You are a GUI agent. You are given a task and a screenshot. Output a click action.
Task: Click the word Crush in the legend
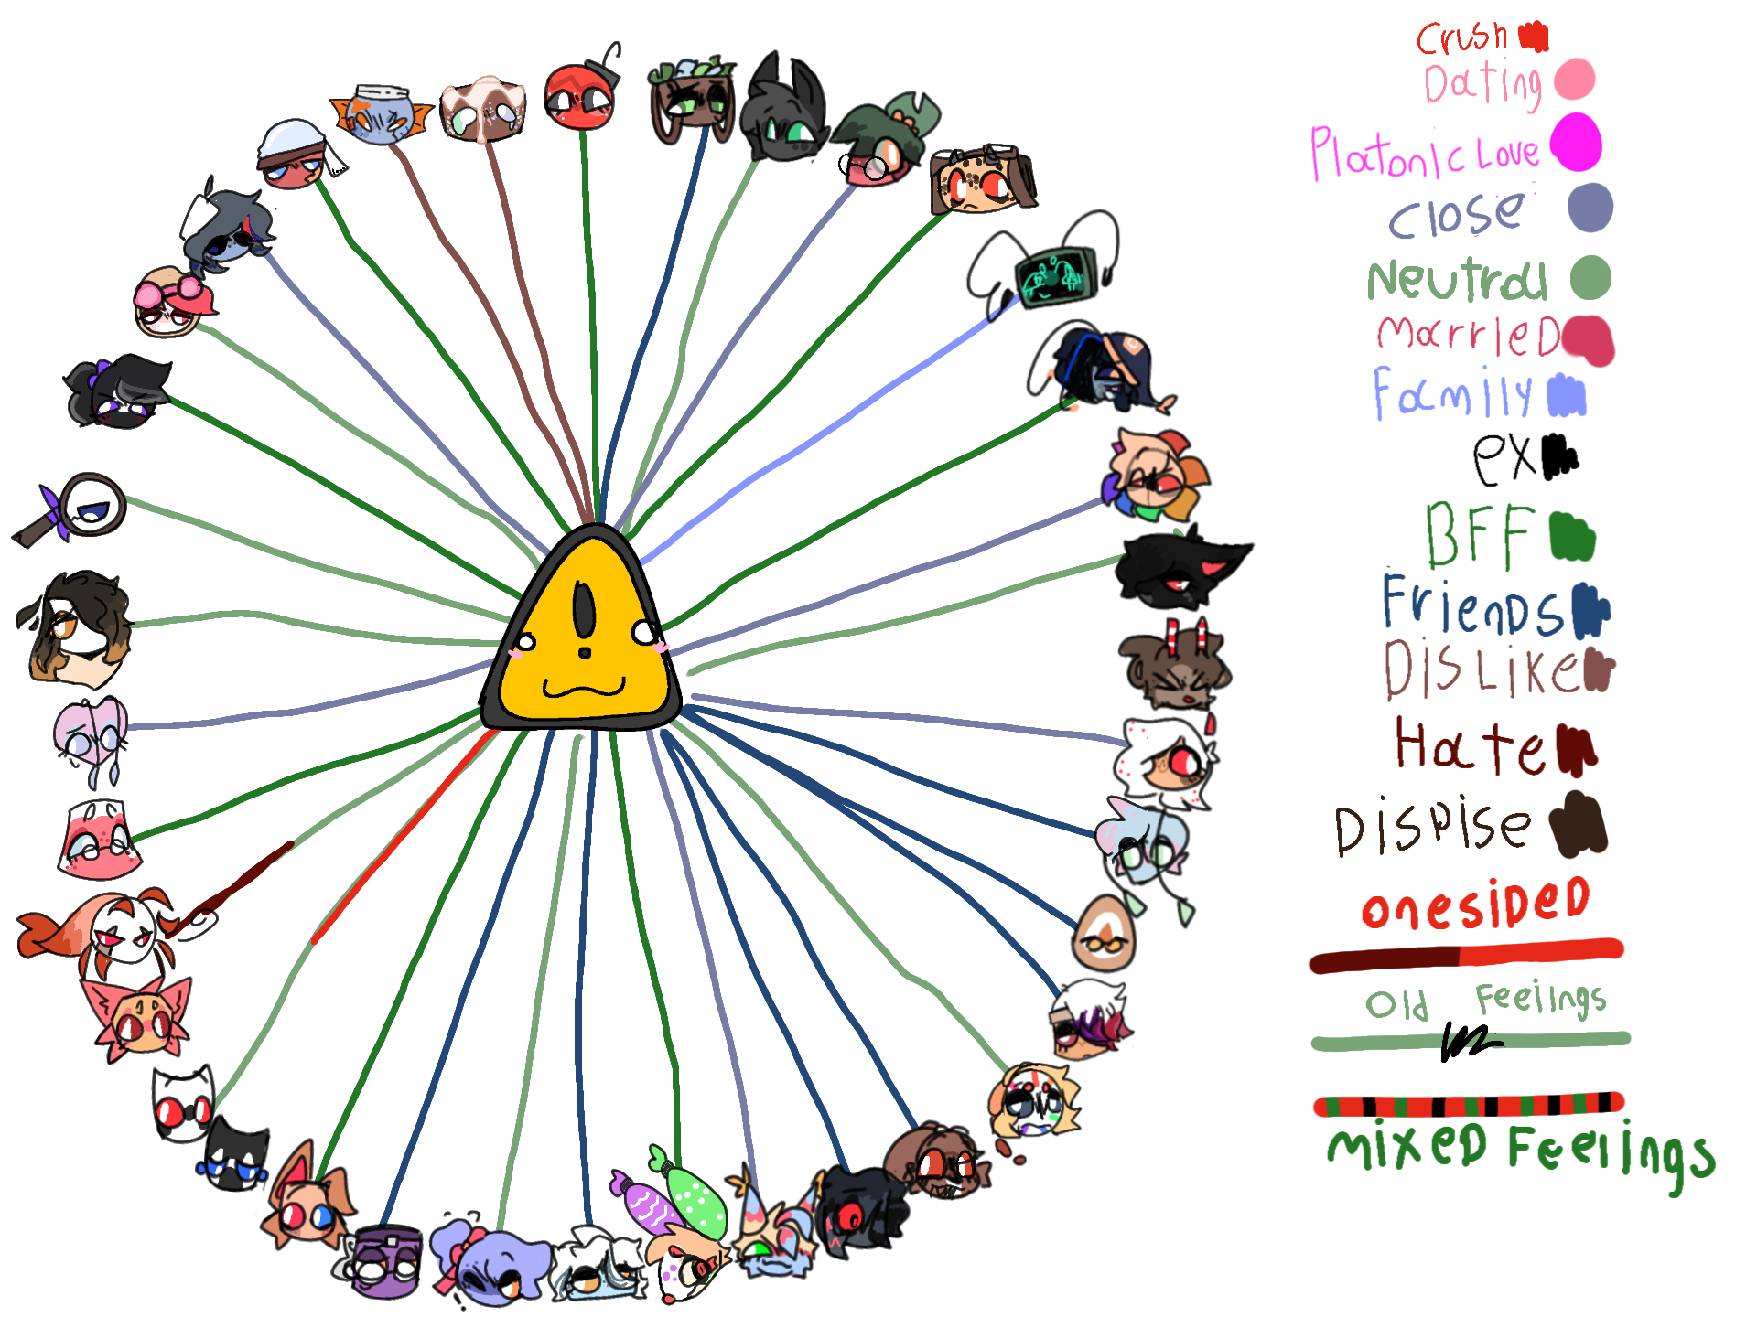click(x=1461, y=38)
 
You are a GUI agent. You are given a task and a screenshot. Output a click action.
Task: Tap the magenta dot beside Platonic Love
click(x=1576, y=143)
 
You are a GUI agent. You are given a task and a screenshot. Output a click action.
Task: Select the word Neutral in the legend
click(x=1457, y=280)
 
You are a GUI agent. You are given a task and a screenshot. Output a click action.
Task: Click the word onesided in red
click(x=1475, y=904)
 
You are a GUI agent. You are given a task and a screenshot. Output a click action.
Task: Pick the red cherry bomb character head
click(x=578, y=96)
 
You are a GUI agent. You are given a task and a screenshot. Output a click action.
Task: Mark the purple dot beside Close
click(x=1590, y=208)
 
